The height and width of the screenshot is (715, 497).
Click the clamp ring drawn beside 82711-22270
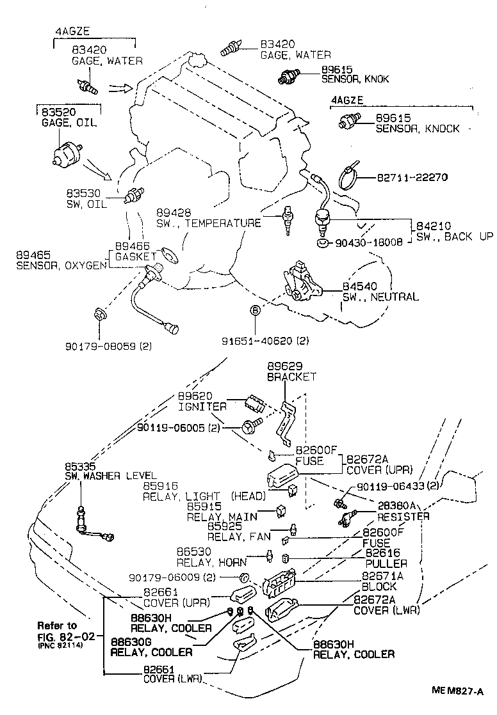(349, 175)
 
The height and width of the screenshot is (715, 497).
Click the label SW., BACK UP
(455, 236)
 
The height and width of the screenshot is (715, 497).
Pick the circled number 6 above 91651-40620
(254, 311)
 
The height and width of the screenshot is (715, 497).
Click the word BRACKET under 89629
(292, 377)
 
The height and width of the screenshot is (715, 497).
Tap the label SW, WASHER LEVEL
(110, 475)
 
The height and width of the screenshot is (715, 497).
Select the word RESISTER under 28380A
(403, 516)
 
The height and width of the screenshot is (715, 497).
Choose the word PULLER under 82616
(386, 563)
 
